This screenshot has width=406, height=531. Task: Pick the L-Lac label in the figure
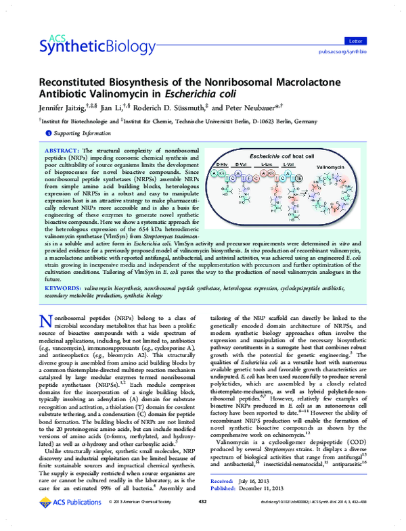267,164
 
